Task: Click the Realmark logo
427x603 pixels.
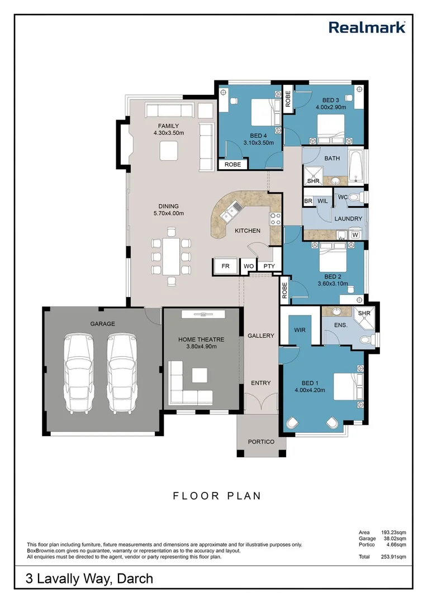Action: (367, 27)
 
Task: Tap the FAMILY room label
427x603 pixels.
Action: (168, 126)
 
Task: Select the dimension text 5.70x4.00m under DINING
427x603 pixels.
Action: (168, 213)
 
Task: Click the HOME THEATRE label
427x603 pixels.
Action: (201, 339)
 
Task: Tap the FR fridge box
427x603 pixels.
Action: (226, 267)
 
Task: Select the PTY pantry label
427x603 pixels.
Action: (269, 266)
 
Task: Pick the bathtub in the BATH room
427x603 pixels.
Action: (355, 166)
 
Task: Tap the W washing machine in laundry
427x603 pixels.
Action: (355, 236)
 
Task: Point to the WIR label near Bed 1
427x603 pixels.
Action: (300, 330)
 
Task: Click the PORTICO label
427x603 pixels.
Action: (262, 442)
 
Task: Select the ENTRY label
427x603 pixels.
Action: (260, 383)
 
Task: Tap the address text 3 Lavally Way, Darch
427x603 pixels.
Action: (89, 579)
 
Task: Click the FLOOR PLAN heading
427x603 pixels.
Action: (217, 495)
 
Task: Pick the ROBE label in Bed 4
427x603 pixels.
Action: (233, 165)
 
